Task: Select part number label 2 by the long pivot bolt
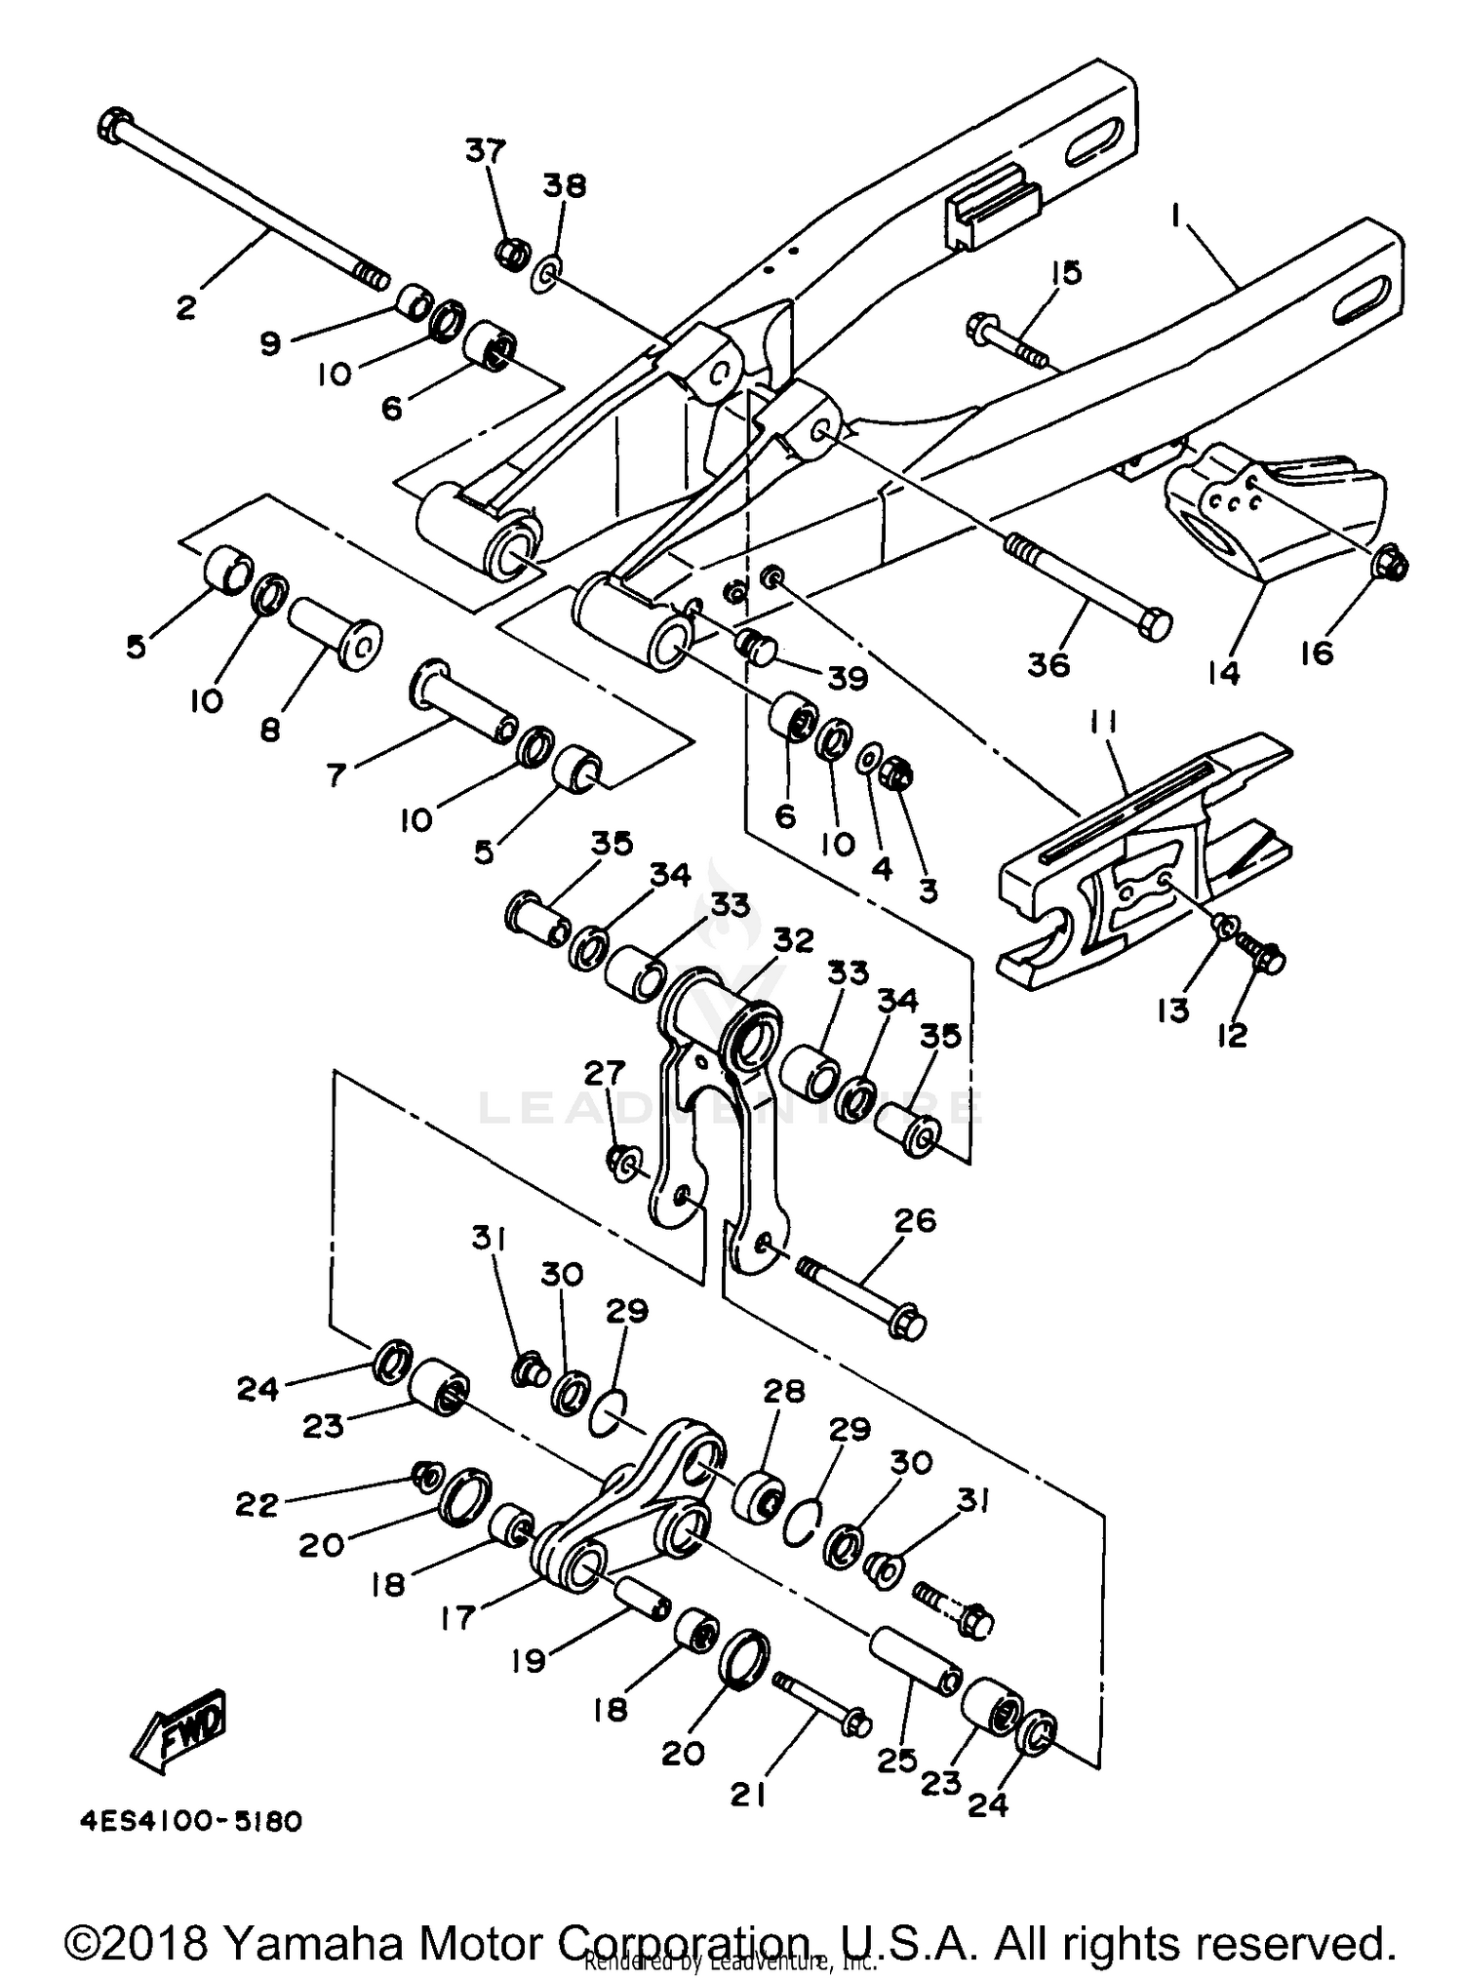(x=185, y=308)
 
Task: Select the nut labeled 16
(x=1391, y=564)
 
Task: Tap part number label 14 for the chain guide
(x=1223, y=672)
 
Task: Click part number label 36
(x=1048, y=664)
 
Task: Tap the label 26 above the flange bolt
(x=914, y=1220)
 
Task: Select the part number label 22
(x=257, y=1505)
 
